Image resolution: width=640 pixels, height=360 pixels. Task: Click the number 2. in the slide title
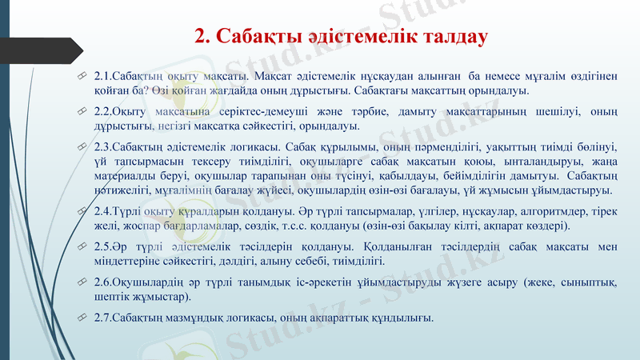[x=204, y=37]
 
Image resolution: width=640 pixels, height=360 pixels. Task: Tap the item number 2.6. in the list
[x=103, y=282]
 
